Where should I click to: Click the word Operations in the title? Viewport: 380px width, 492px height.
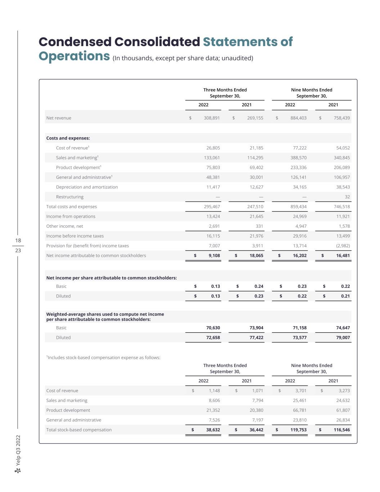[x=74, y=56]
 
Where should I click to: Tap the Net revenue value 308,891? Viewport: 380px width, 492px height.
[x=212, y=118]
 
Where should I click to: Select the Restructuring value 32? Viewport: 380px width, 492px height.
[x=347, y=197]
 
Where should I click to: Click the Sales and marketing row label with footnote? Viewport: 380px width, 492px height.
[x=77, y=158]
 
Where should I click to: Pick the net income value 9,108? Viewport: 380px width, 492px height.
[x=214, y=256]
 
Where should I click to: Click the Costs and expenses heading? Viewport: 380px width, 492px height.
[x=68, y=138]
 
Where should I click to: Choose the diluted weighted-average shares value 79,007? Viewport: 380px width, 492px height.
[x=343, y=337]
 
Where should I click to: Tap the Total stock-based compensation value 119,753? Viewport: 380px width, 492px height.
[x=299, y=430]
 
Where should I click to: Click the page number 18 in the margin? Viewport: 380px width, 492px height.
[x=18, y=240]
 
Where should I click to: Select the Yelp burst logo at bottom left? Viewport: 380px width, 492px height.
[x=18, y=471]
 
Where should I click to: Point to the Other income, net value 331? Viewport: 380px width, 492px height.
[x=259, y=226]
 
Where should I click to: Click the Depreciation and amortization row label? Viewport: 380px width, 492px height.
[x=87, y=187]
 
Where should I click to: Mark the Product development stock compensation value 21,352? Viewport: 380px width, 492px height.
[x=212, y=410]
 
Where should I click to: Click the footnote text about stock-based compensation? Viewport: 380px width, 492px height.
[x=103, y=358]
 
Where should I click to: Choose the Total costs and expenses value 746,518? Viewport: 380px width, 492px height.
[x=342, y=207]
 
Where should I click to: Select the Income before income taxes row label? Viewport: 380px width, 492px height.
[x=75, y=236]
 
